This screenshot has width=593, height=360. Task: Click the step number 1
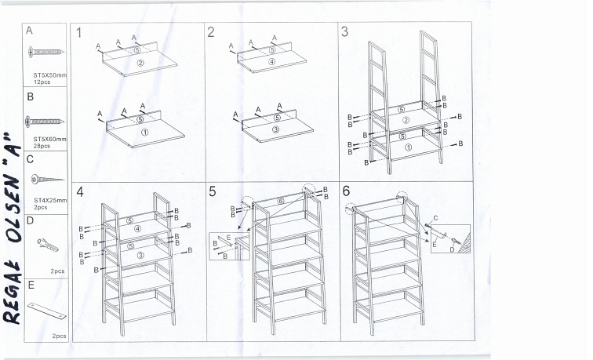tap(78, 33)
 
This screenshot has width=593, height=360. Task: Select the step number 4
tap(80, 191)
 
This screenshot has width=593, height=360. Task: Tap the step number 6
tap(346, 191)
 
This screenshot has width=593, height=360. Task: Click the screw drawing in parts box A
tap(45, 52)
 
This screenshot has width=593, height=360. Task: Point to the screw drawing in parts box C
tap(47, 179)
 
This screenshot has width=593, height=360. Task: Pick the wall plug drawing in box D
tap(48, 245)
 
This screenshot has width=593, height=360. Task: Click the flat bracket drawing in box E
tap(46, 311)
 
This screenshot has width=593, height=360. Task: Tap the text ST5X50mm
tap(50, 75)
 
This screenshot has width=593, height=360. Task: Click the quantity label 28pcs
tap(42, 146)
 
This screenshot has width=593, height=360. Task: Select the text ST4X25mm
tap(50, 201)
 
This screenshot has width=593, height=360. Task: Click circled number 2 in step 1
tap(140, 64)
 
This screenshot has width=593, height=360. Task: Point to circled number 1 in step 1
tap(144, 133)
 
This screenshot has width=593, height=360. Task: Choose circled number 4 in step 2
tap(271, 62)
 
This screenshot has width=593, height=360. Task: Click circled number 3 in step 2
tap(275, 129)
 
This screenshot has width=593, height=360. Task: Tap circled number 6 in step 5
tap(281, 201)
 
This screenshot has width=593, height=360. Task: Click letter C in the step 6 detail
tap(435, 218)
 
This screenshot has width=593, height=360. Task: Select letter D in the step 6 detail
tap(452, 249)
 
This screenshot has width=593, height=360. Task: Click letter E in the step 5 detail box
tap(228, 237)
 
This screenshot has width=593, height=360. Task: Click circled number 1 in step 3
tap(408, 147)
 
